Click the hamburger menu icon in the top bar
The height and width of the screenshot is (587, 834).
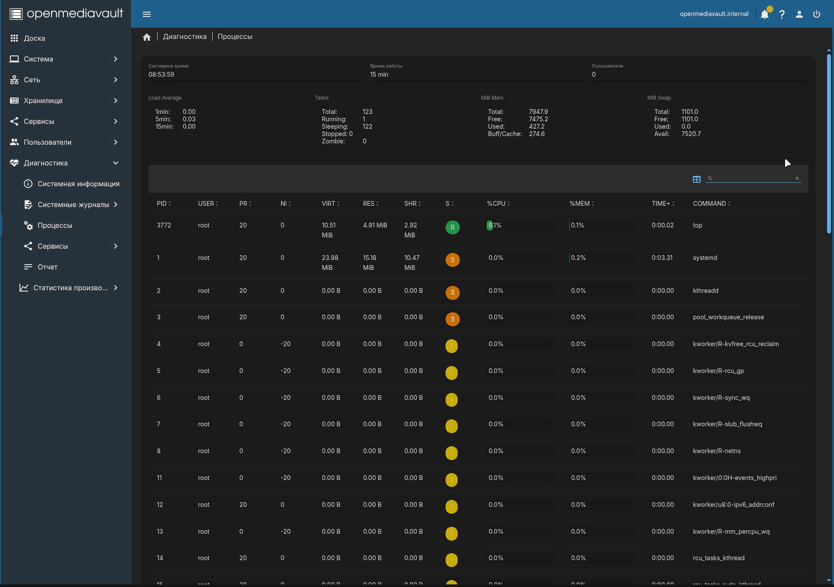pos(147,14)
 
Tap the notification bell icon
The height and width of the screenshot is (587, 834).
pos(765,14)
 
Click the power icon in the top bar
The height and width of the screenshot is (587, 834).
pos(817,14)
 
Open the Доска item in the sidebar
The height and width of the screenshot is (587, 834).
pos(34,38)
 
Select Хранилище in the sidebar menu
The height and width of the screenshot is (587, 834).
pos(43,101)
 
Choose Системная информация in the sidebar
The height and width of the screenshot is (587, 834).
pos(78,184)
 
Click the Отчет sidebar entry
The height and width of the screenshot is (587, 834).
pos(48,267)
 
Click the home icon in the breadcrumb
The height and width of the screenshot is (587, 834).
pos(147,37)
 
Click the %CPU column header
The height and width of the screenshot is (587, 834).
pos(496,204)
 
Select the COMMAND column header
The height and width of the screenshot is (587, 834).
pos(709,204)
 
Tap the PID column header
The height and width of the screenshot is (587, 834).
pos(162,204)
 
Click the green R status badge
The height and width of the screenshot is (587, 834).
pos(453,227)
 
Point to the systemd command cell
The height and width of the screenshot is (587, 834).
pos(705,258)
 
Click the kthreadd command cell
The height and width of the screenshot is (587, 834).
pos(705,291)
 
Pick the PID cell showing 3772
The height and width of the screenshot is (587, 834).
pos(164,225)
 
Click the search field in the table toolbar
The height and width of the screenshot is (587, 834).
pos(753,178)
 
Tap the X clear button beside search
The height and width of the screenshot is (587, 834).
pos(797,178)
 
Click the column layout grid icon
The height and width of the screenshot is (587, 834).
pos(697,179)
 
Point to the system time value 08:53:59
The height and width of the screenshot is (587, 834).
pos(162,75)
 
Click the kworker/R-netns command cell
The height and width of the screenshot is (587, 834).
pos(717,451)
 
